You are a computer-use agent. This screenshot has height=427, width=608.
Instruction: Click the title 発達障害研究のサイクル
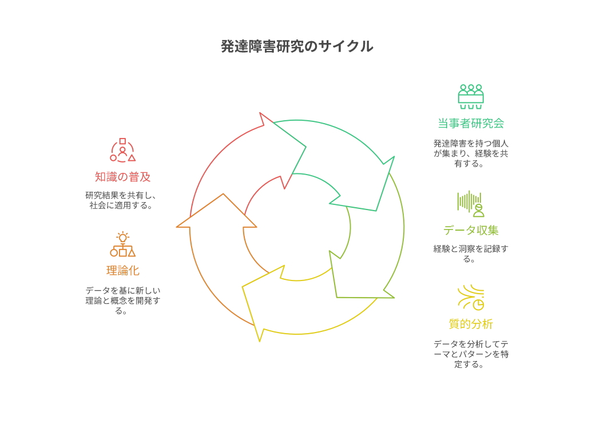click(x=297, y=46)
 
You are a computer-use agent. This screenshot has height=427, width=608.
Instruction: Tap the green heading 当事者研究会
click(x=471, y=123)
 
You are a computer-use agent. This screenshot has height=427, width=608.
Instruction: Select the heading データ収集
click(x=471, y=230)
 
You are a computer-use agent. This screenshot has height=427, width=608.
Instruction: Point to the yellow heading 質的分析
click(x=471, y=324)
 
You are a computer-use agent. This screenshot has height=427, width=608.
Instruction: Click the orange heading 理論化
click(x=122, y=271)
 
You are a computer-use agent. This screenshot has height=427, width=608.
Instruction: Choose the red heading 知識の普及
click(x=122, y=177)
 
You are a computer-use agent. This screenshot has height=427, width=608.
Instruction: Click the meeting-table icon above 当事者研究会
click(x=471, y=97)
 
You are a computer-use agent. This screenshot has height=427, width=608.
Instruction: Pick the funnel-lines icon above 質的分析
click(x=471, y=297)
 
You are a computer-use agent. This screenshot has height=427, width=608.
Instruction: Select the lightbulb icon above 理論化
click(x=122, y=245)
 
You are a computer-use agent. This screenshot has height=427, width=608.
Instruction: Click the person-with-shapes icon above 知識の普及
click(x=122, y=150)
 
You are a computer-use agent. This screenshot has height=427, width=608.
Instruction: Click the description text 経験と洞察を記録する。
click(x=471, y=254)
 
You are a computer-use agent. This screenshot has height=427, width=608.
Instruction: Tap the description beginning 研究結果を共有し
click(x=122, y=200)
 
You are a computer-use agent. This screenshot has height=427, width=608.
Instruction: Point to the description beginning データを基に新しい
click(x=122, y=301)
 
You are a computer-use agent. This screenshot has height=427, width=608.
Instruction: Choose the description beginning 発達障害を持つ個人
click(x=471, y=153)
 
